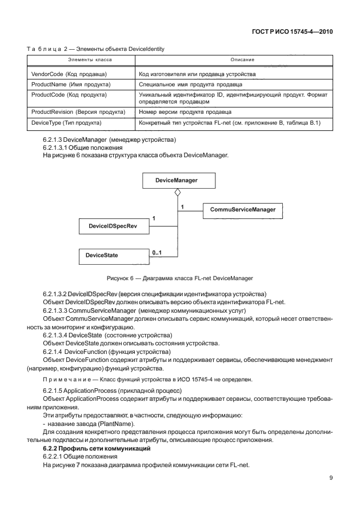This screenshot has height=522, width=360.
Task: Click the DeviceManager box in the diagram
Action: [177, 180]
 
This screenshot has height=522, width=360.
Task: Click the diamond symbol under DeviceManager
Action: [177, 192]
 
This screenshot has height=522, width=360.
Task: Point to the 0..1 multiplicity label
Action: [157, 252]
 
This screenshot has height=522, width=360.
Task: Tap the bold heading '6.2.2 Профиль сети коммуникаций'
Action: [97, 449]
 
